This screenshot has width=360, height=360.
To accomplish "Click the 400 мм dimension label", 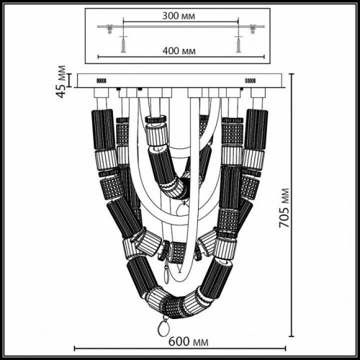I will [x=180, y=50].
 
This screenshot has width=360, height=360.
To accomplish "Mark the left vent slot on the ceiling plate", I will [x=102, y=81].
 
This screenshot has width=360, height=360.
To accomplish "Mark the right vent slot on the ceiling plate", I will [x=253, y=81].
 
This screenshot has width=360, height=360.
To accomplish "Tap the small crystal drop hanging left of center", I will [x=168, y=272].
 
